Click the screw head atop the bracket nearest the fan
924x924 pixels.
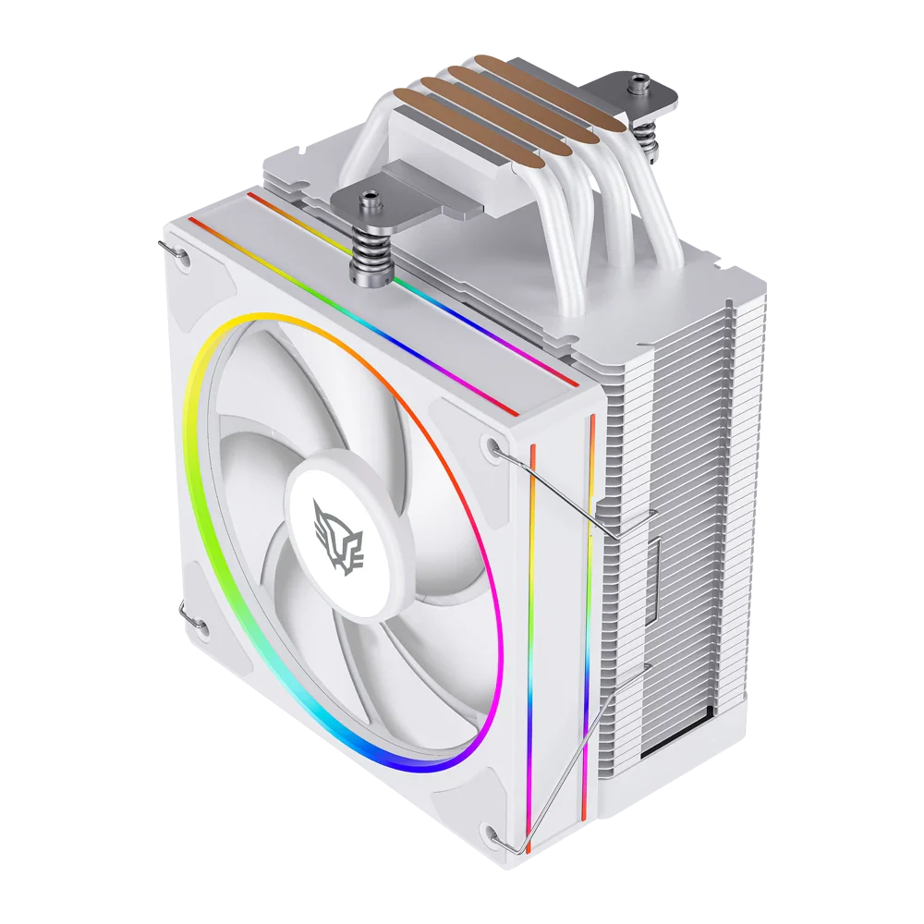[x=371, y=196]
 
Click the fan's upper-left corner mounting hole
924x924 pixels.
[x=183, y=258]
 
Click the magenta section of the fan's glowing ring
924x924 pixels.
[x=490, y=628]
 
